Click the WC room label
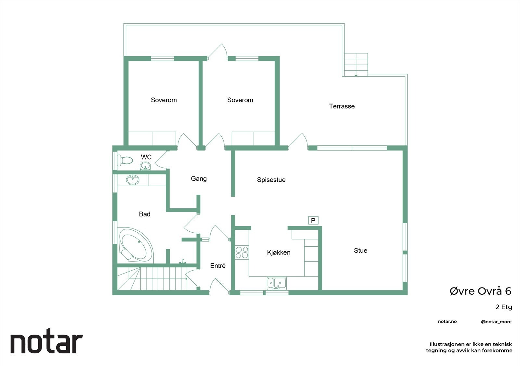pos(146,157)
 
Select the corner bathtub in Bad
pos(136,244)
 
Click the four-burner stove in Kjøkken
pos(242,252)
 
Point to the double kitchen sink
pos(277,283)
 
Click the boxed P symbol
pos(313,221)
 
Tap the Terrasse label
pos(342,106)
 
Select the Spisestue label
pos(271,180)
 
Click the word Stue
pos(360,251)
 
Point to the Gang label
pos(199,178)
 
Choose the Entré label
pos(218,266)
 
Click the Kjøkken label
pos(279,252)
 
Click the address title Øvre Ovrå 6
pos(480,291)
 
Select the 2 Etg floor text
pos(503,307)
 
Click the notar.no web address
pos(447,322)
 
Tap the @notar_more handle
pos(496,322)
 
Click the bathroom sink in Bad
pos(133,180)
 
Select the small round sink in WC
pos(145,166)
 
